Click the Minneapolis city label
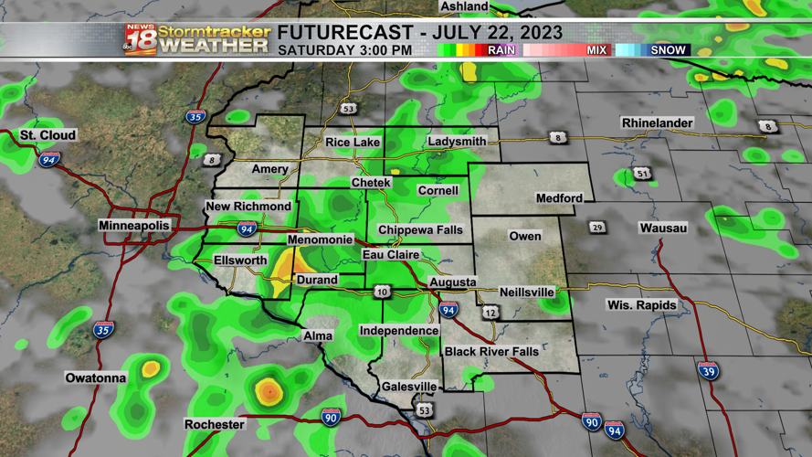134,225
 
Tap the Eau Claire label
391,255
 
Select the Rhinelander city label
657,122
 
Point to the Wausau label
662,228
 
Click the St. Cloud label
48,135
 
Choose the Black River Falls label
491,352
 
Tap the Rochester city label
215,424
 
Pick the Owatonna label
96,377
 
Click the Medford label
559,197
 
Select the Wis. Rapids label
642,304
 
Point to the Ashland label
464,6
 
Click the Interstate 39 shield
708,370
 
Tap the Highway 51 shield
643,173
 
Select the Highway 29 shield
597,227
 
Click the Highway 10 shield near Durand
382,292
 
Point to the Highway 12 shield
491,313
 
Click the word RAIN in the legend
501,50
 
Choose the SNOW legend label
668,50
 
